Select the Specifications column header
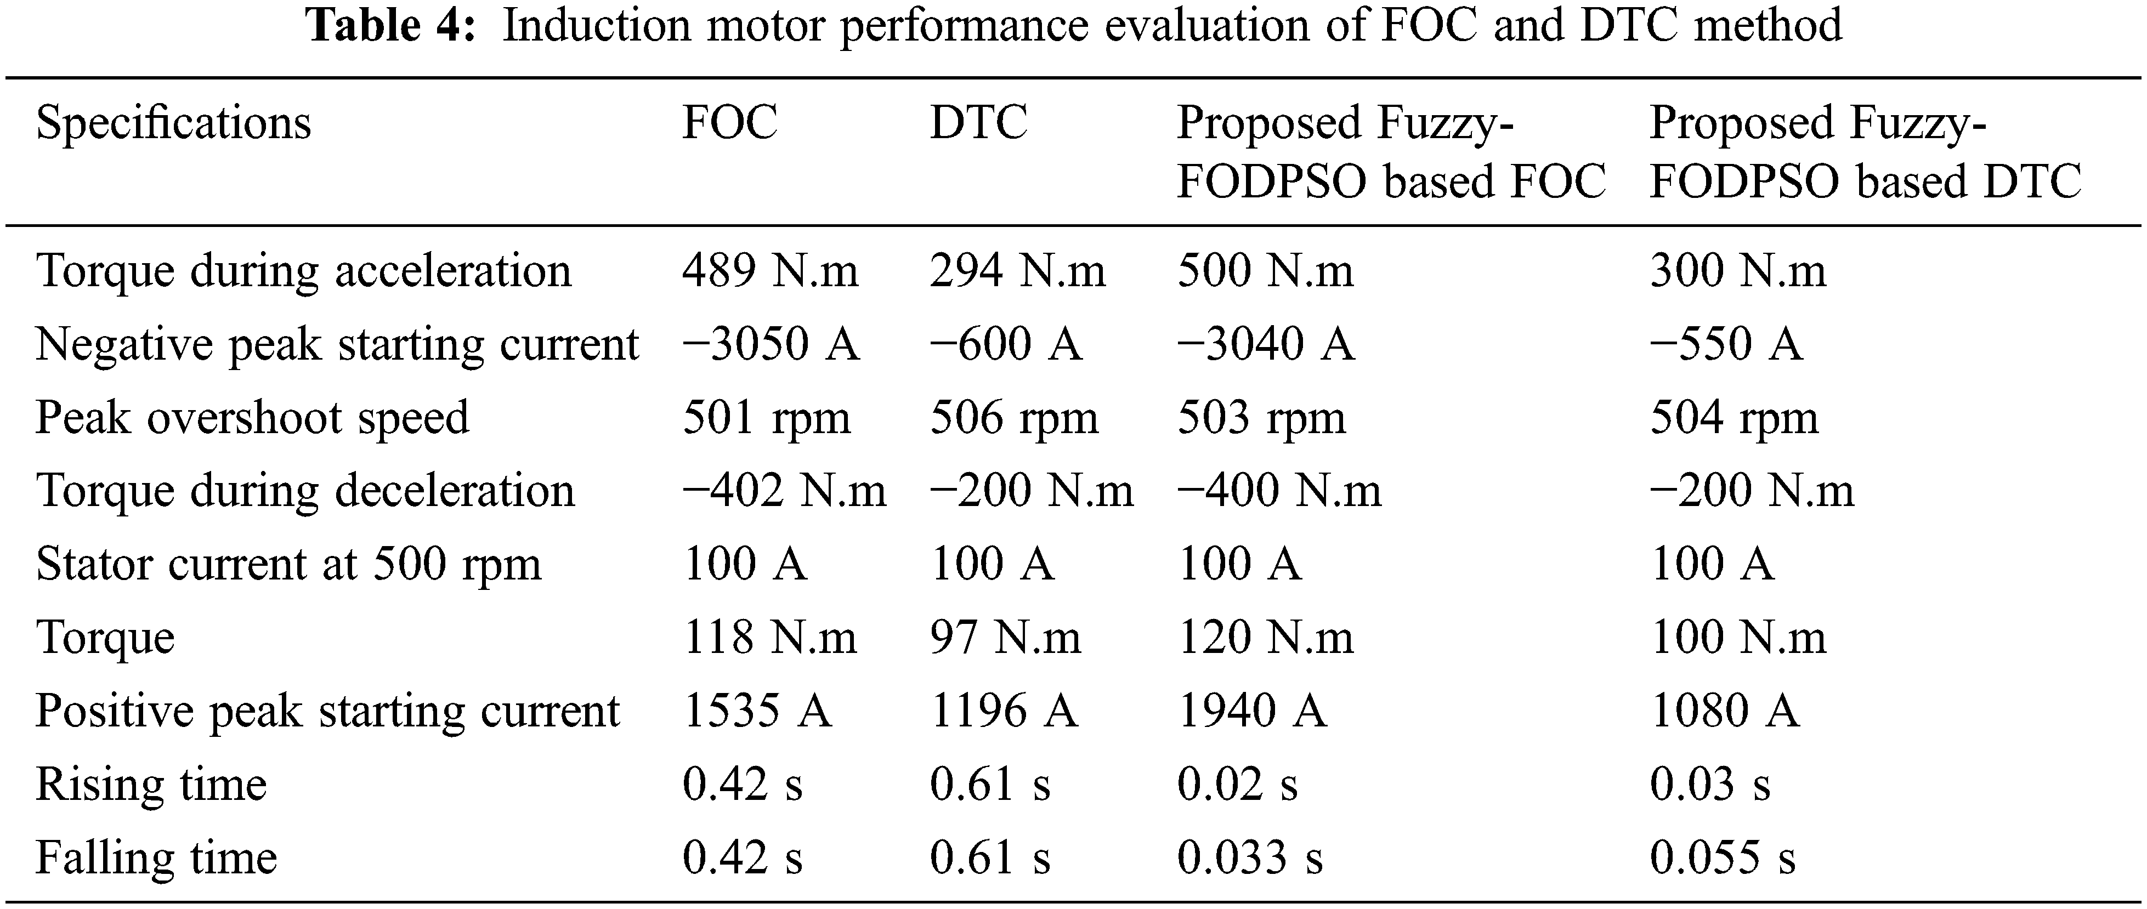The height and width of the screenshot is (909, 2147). point(173,123)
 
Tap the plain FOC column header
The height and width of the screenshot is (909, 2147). point(729,123)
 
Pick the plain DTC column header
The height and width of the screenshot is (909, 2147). point(978,123)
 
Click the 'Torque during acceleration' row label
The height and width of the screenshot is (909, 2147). point(303,271)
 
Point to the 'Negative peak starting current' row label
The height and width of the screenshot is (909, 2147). point(337,345)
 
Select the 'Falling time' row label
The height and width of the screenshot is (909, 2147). point(156,858)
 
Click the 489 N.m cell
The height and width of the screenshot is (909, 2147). point(769,271)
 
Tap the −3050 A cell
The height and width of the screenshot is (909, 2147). point(770,345)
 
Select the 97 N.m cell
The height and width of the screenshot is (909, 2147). point(1005,638)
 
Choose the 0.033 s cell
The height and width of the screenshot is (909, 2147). point(1249,858)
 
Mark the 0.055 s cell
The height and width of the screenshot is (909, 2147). point(1722,858)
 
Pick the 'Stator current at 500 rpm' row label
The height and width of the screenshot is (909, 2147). point(288,565)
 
